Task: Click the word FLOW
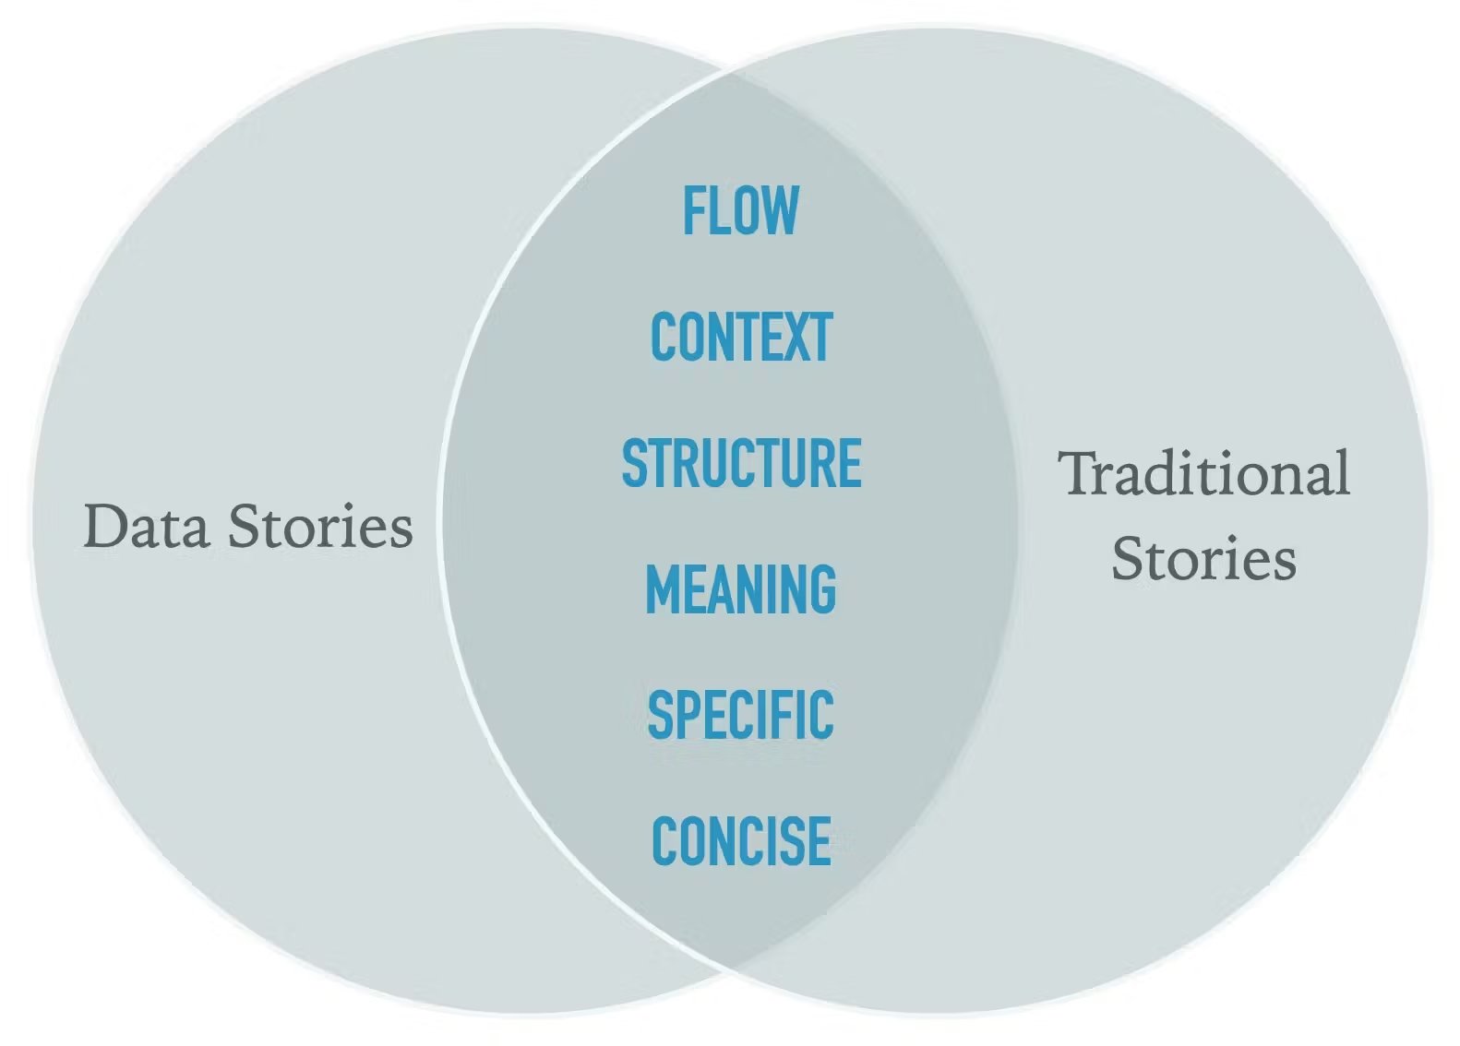[x=740, y=209]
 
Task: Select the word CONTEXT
[x=742, y=336]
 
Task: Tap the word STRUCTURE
[x=742, y=462]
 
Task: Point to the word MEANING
[x=741, y=588]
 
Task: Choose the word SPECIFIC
[x=741, y=715]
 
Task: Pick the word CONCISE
[x=742, y=841]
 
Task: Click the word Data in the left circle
[x=147, y=526]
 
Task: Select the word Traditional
[x=1203, y=473]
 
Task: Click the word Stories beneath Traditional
[x=1203, y=557]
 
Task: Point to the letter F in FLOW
[x=693, y=209]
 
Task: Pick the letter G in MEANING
[x=823, y=588]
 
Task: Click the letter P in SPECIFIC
[x=686, y=715]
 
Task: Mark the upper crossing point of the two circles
[x=729, y=71]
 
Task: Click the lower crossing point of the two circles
[x=729, y=970]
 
